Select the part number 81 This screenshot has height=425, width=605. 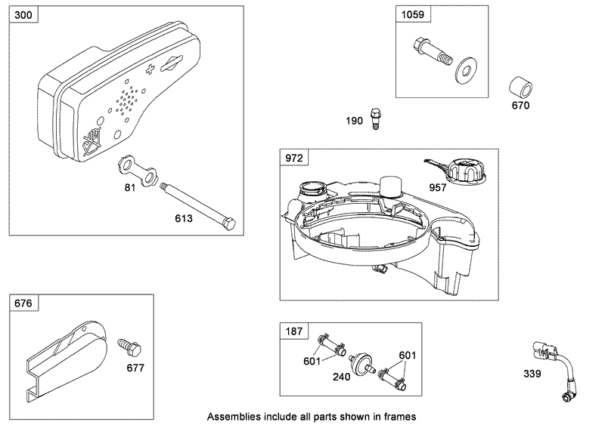[x=129, y=187]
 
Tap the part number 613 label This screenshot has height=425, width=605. [x=184, y=219]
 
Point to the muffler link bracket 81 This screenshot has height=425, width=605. [x=141, y=172]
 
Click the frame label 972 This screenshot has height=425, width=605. [x=293, y=158]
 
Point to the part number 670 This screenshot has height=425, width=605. [x=520, y=105]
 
